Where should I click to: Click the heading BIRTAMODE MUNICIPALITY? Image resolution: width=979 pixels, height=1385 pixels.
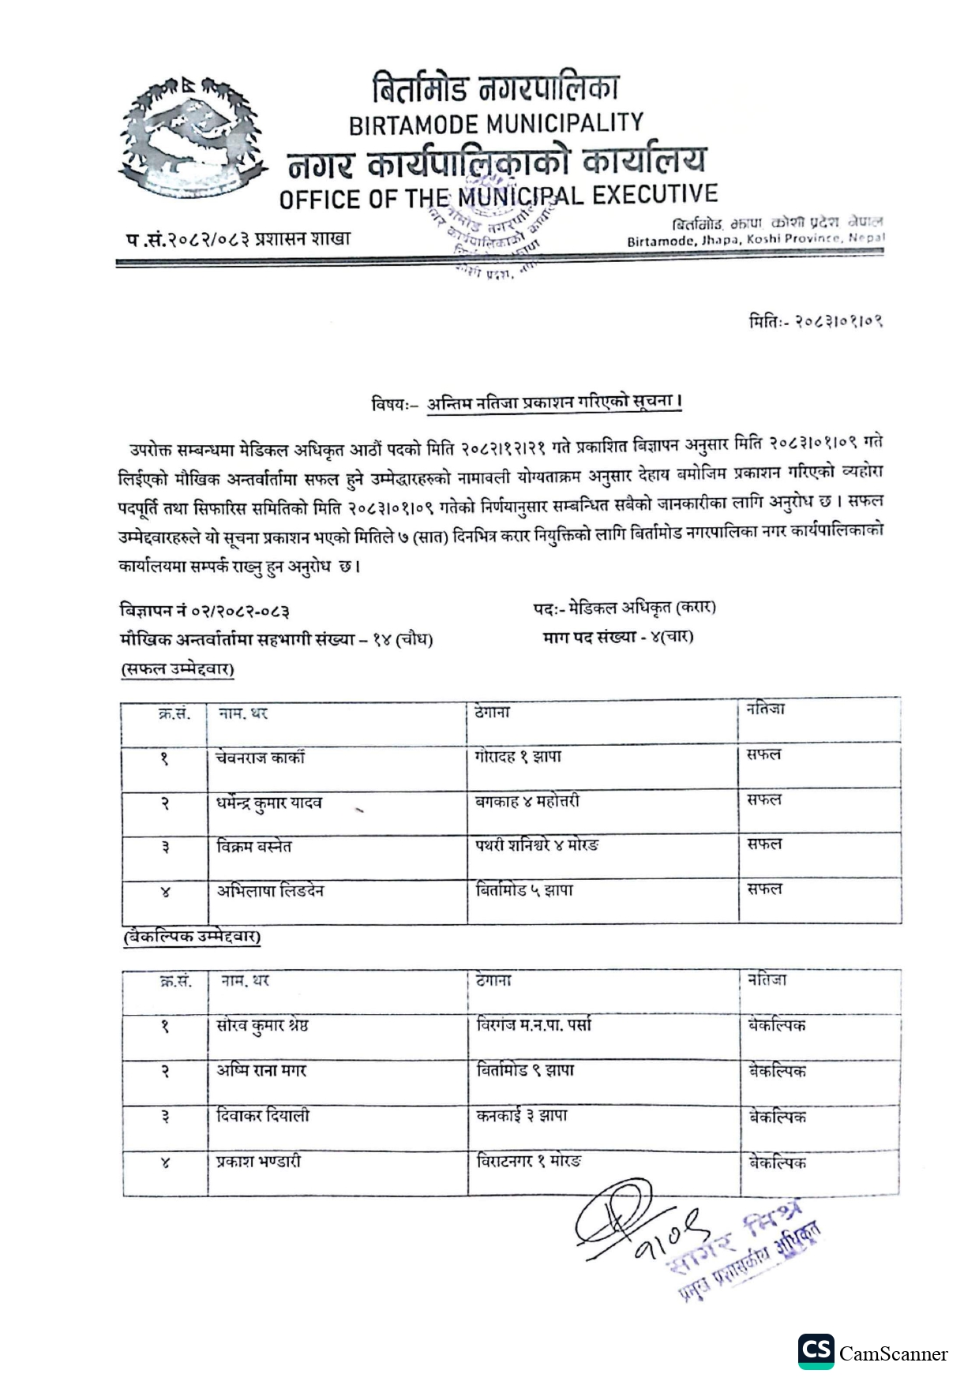point(496,124)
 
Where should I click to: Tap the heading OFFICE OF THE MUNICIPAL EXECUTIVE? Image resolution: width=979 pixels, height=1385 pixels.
point(498,197)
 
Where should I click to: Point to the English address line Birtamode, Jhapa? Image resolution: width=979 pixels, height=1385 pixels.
point(756,240)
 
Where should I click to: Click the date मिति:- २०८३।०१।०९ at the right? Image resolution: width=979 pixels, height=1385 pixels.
point(816,321)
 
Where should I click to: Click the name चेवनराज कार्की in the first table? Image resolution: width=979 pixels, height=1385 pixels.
point(261,758)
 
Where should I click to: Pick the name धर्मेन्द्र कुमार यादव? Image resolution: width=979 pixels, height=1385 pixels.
point(269,803)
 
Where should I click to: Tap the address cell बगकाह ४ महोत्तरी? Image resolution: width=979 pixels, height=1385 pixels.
point(527,802)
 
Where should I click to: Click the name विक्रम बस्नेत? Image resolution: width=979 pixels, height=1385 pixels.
point(254,847)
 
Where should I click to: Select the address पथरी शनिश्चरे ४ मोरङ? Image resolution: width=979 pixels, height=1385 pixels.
point(537,846)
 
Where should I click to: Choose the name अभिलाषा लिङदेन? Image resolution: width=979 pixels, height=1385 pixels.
point(271,892)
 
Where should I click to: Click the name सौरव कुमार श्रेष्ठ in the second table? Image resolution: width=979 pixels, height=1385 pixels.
point(263,1026)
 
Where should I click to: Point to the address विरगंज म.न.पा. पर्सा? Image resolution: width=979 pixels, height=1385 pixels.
point(535,1025)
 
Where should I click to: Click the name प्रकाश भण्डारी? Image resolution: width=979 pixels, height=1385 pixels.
point(259,1162)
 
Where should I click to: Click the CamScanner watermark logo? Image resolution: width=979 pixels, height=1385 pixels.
point(872,1353)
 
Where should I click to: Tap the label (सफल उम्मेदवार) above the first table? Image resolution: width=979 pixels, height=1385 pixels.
point(178,670)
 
